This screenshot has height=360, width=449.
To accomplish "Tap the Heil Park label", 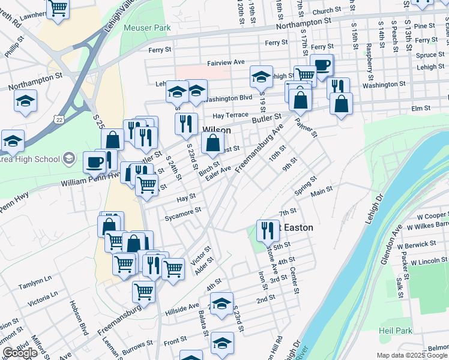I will click(x=396, y=331).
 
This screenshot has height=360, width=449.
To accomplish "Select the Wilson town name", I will click(x=217, y=129).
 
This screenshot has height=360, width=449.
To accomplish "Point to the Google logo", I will click(x=20, y=353).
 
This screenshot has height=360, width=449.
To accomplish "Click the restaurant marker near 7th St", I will click(x=267, y=230).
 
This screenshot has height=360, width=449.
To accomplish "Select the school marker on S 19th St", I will click(x=261, y=76).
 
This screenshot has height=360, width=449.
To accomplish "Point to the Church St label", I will click(x=326, y=11).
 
